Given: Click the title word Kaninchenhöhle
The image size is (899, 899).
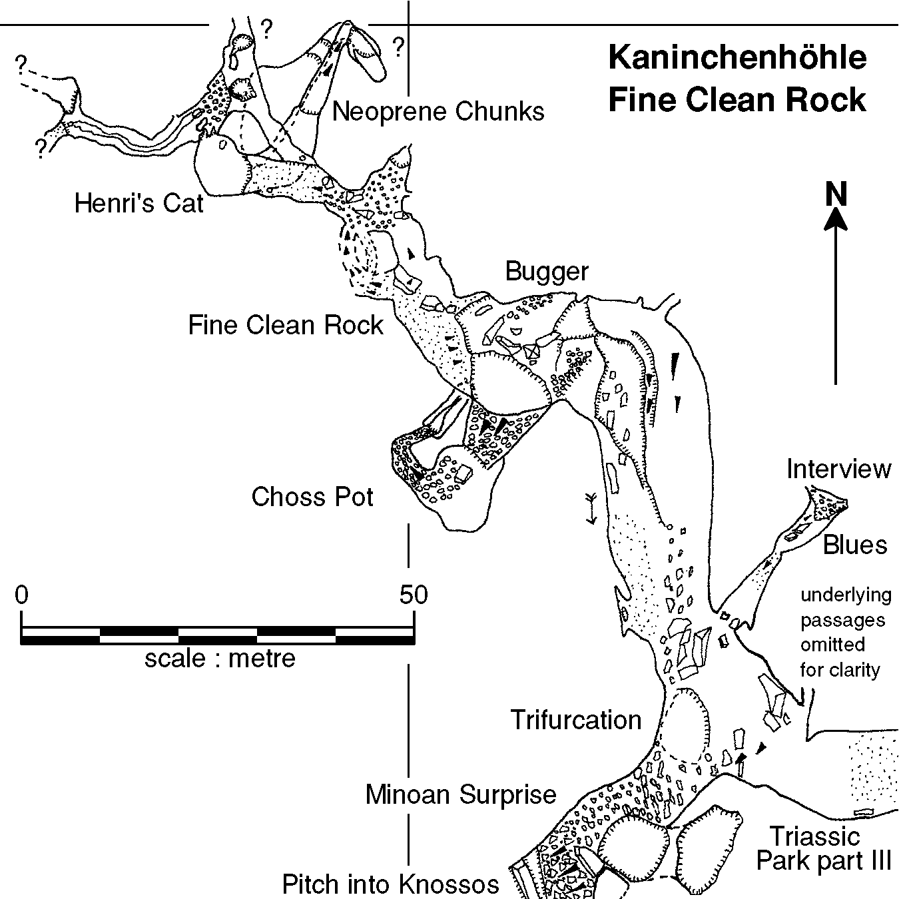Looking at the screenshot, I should [x=737, y=57].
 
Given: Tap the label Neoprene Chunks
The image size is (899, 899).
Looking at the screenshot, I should [x=438, y=111].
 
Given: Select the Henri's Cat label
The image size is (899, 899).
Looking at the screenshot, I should [x=139, y=202].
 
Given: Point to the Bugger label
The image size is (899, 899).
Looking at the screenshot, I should [x=547, y=272].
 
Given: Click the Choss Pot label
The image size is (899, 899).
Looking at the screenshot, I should [x=312, y=497].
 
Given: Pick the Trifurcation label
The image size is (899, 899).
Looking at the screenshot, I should [x=576, y=720].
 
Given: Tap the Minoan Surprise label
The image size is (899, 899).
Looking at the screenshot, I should [x=461, y=794].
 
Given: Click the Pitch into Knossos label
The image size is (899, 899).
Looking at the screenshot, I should [x=390, y=884].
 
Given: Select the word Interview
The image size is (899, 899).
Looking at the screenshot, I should [x=838, y=469].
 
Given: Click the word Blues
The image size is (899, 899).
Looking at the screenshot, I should [x=855, y=545].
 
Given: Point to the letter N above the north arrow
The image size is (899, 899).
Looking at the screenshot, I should [x=836, y=194].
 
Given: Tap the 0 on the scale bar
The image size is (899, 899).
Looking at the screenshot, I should [x=22, y=594].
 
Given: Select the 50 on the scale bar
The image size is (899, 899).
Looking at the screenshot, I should [x=413, y=594].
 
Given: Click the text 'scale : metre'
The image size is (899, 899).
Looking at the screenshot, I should [x=220, y=658].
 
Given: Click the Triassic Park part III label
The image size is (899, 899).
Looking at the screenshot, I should [x=823, y=848].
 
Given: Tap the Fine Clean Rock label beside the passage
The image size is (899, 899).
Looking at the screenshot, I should [x=286, y=325].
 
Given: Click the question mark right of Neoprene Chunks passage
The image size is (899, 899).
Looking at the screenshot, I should [x=398, y=47].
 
